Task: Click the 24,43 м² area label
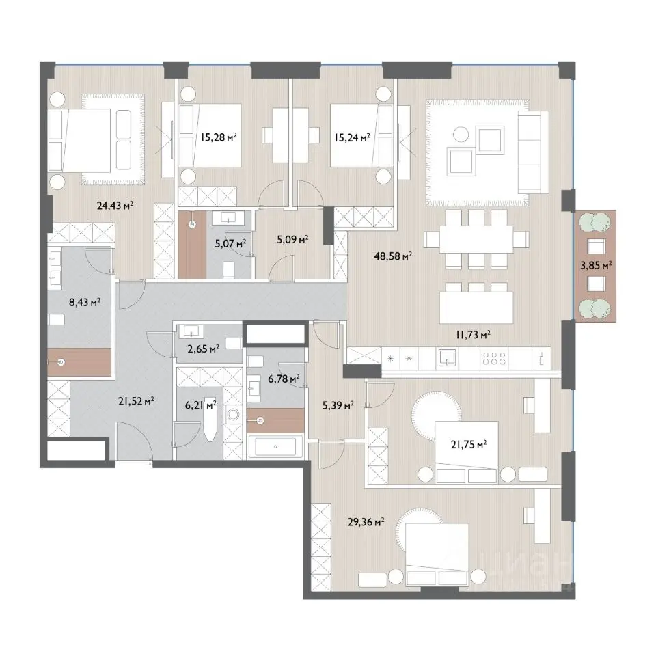pos(115,206)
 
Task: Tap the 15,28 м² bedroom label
pos(219,137)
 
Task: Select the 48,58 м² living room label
pos(394,256)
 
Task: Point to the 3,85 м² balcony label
pos(596,265)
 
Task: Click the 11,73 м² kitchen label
pos(473,334)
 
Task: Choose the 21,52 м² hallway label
pos(136,401)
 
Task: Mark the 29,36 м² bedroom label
pos(366,521)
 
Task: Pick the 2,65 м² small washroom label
pos(204,348)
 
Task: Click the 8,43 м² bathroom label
pos(85,302)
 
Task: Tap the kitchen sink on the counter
pos(447,357)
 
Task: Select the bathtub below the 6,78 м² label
pos(275,446)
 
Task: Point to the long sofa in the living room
pos(533,152)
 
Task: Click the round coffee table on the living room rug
pos(461,135)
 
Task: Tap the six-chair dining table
pos(476,239)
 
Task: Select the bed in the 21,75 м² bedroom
pos(467,452)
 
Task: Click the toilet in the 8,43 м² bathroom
pos(57,320)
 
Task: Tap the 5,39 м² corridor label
pos(338,405)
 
